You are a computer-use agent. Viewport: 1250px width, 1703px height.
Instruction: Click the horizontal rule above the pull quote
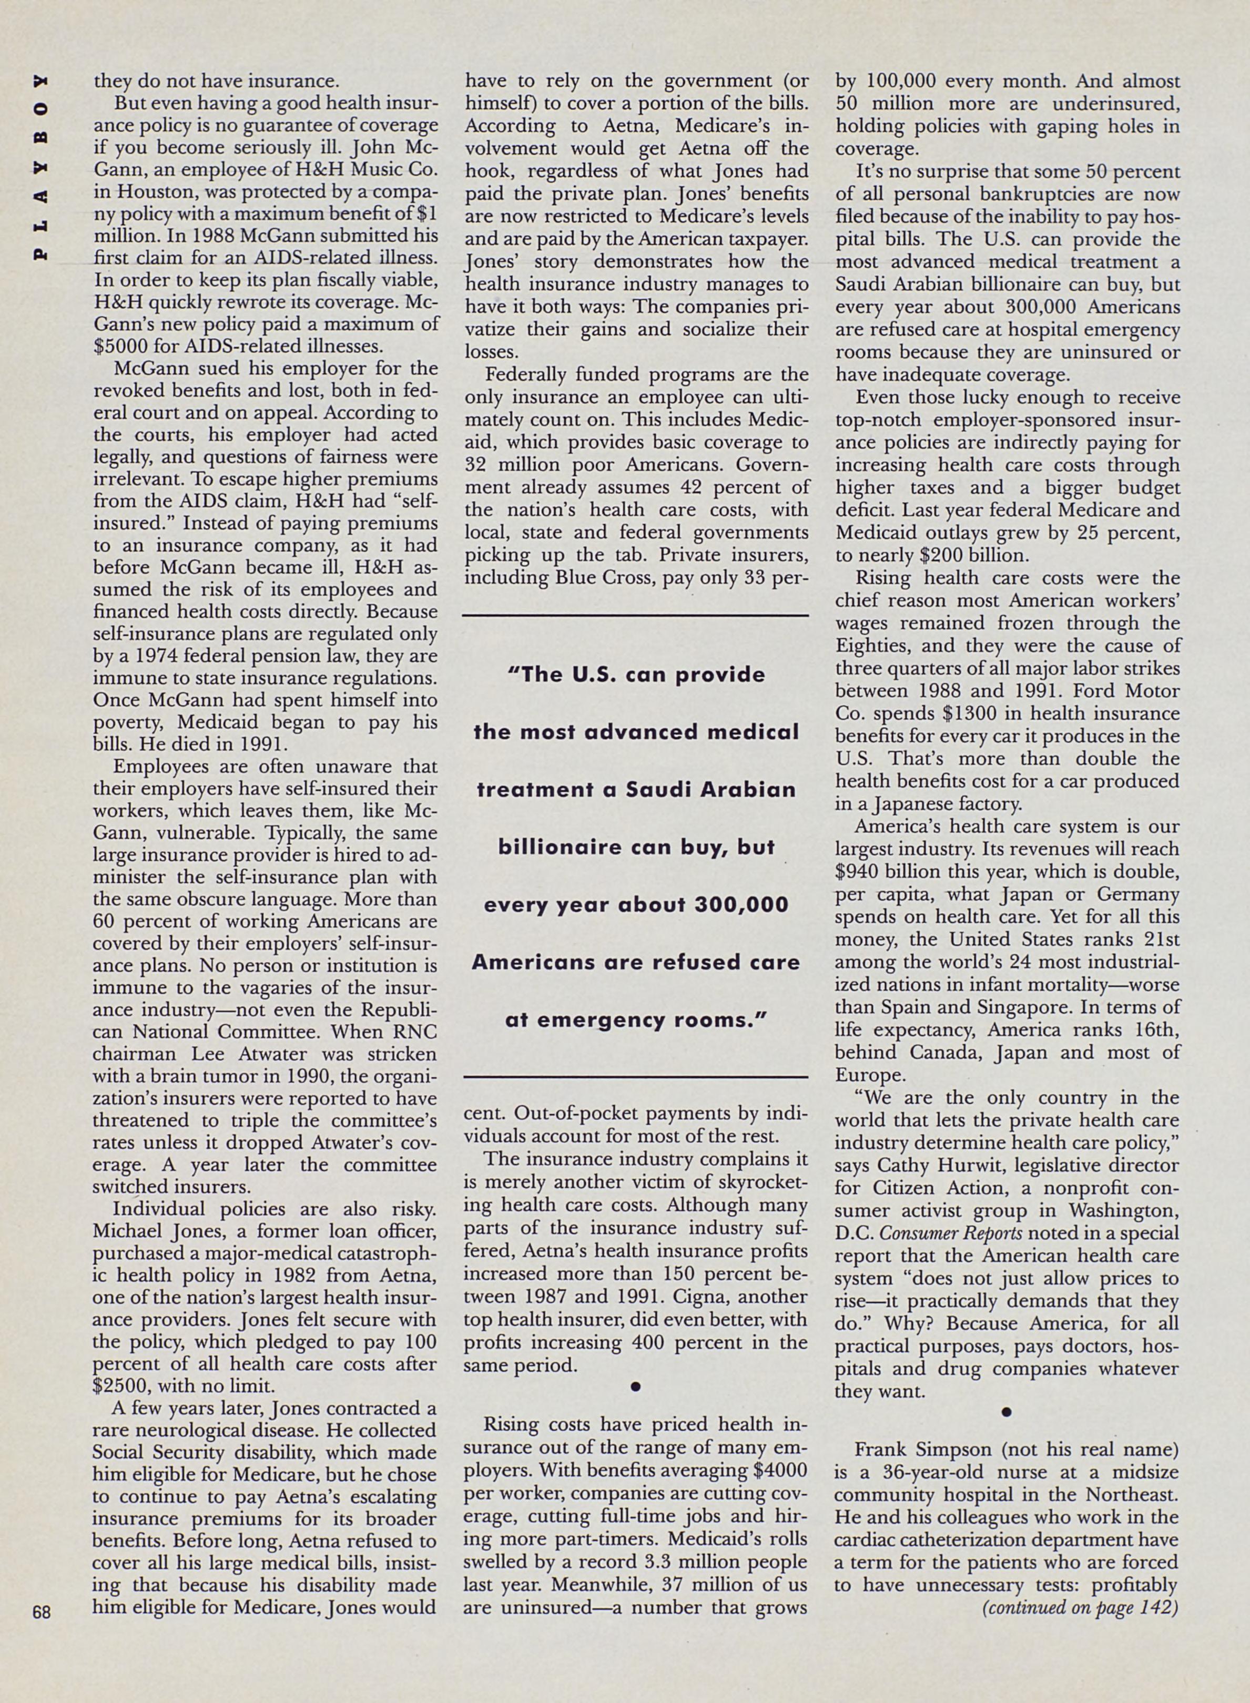point(635,616)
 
